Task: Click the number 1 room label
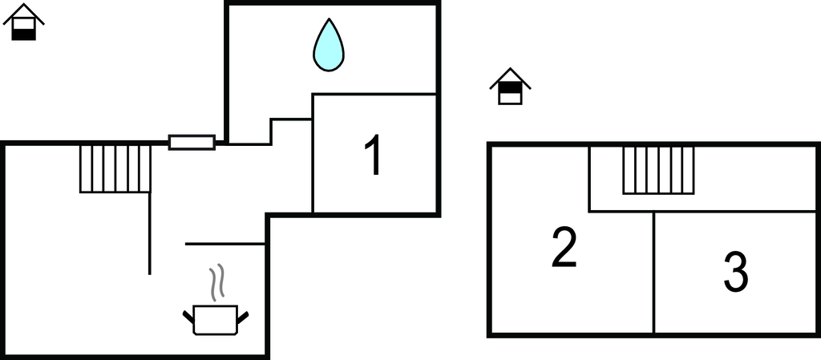374,155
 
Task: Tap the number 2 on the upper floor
564,248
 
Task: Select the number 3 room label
736,272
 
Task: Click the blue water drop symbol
328,45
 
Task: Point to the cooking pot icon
215,319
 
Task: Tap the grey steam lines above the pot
216,282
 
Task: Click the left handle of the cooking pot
188,317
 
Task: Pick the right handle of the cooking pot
242,317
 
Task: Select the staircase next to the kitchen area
115,169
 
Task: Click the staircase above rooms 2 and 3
658,171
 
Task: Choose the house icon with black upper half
510,87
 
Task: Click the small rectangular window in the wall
192,143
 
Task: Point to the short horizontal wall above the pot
225,244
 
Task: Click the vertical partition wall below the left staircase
150,233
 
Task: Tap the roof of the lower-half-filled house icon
23,13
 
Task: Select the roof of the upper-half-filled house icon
510,78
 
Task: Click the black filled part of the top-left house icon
23,34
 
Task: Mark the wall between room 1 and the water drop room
374,94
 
